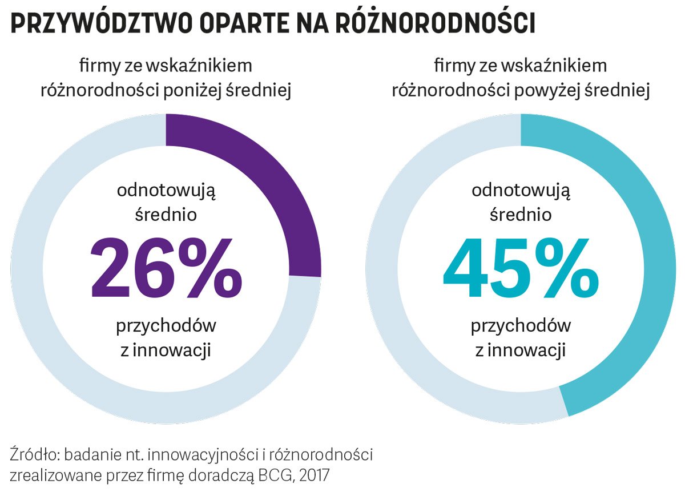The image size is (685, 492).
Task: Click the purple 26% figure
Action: click(x=166, y=268)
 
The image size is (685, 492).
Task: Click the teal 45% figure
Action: click(x=521, y=268)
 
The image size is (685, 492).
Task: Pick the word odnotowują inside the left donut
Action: click(x=166, y=190)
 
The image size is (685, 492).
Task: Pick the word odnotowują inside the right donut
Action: click(x=521, y=190)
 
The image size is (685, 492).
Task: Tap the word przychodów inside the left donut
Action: click(x=166, y=326)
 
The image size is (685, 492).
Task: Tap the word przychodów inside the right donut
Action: click(x=521, y=326)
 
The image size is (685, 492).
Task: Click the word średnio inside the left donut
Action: click(x=166, y=215)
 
